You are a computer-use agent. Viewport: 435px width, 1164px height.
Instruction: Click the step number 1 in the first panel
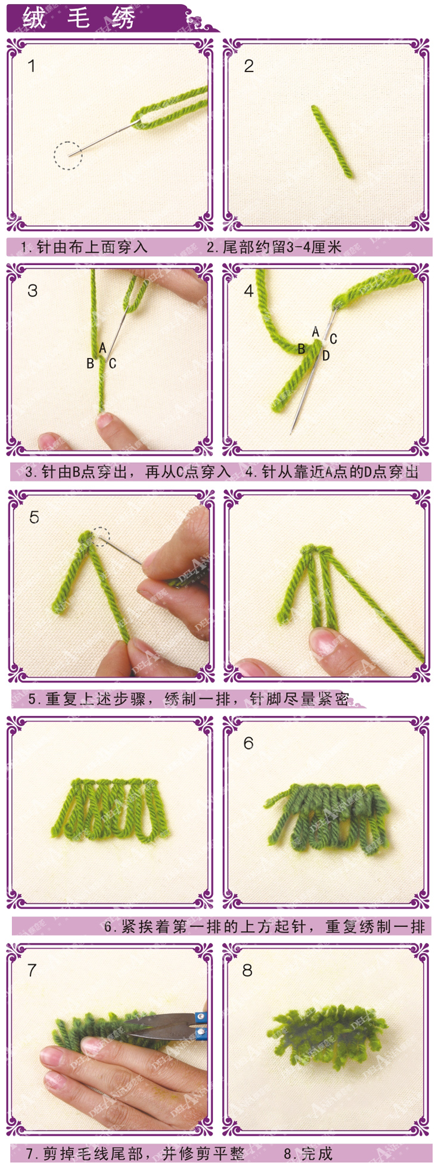coord(32,66)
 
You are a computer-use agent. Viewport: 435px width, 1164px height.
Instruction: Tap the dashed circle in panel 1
coord(68,155)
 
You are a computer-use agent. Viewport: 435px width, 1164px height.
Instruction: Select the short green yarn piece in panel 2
coord(332,141)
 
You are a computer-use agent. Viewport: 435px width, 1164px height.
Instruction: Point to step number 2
coord(248,66)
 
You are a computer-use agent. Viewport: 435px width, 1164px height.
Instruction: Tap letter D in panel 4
coord(326,356)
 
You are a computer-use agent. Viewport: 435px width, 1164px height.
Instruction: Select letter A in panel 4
coord(316,332)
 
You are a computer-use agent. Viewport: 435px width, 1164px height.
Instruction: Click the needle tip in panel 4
coord(292,432)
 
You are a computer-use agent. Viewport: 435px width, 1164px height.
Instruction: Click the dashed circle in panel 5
coord(101,536)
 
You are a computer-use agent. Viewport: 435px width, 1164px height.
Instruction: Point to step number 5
coord(34,517)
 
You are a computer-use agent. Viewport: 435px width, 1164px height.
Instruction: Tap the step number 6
coord(248,743)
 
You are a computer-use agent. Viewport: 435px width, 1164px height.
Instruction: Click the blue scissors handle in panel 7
coord(201,1025)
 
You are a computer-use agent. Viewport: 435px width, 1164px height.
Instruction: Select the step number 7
coord(32,970)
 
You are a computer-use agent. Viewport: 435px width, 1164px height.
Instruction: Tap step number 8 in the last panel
coord(247,970)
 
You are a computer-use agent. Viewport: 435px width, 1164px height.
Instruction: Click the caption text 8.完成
coord(308,1153)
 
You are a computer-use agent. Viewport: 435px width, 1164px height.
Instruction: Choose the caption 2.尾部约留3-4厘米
coord(274,247)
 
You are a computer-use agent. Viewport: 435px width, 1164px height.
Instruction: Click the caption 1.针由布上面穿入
coord(83,247)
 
